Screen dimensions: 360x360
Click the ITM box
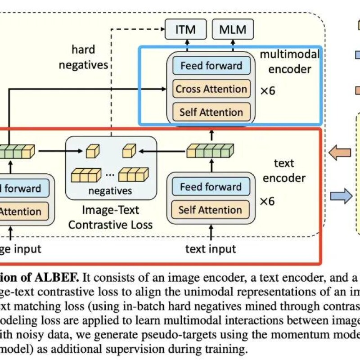click(186, 30)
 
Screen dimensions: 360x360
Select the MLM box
click(233, 30)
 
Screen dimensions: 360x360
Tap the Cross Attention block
click(211, 89)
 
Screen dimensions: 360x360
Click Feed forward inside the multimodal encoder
click(211, 66)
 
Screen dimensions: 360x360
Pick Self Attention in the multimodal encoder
click(211, 112)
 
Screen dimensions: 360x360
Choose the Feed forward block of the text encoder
click(210, 187)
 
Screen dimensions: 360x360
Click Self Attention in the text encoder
click(210, 210)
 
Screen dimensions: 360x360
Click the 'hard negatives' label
click(90, 57)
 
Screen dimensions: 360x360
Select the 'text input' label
click(211, 248)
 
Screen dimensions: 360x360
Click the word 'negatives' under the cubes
click(110, 191)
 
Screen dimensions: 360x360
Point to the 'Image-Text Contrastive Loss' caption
click(110, 217)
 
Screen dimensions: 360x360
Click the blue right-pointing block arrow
click(340, 196)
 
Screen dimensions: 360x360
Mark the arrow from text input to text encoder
click(211, 234)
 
